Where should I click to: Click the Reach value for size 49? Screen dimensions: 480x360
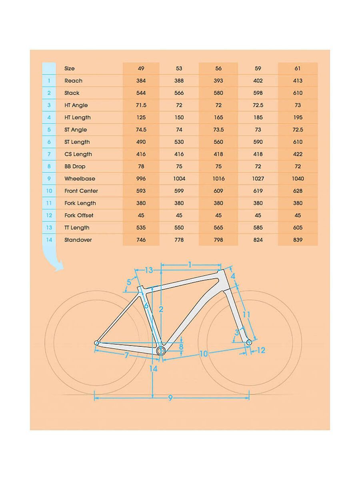[x=141, y=81]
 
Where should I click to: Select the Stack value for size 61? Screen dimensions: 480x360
[x=298, y=93]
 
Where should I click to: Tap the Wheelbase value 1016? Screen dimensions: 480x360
[x=218, y=179]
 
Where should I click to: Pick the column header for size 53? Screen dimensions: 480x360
[x=179, y=68]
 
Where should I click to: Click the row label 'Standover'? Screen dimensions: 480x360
[x=78, y=240]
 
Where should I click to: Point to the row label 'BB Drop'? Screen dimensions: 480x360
[x=75, y=166]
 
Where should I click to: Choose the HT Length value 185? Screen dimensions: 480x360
[x=258, y=118]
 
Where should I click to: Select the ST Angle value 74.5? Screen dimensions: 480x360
[x=141, y=130]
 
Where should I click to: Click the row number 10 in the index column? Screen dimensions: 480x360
[x=49, y=191]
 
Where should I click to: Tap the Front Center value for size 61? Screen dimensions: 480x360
[x=298, y=191]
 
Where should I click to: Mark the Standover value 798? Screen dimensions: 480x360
[x=218, y=240]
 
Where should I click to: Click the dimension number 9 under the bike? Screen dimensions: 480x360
[x=170, y=398]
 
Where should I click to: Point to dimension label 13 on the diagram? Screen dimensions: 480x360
[x=149, y=270]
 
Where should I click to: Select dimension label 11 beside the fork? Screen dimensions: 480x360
[x=246, y=315]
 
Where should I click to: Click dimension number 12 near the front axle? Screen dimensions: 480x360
[x=261, y=350]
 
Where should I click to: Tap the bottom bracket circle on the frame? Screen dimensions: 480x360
[x=161, y=351]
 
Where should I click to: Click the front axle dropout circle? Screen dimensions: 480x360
[x=249, y=342]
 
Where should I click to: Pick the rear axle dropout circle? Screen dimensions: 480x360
[x=96, y=343]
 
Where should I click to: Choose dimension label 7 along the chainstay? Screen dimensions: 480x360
[x=126, y=355]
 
